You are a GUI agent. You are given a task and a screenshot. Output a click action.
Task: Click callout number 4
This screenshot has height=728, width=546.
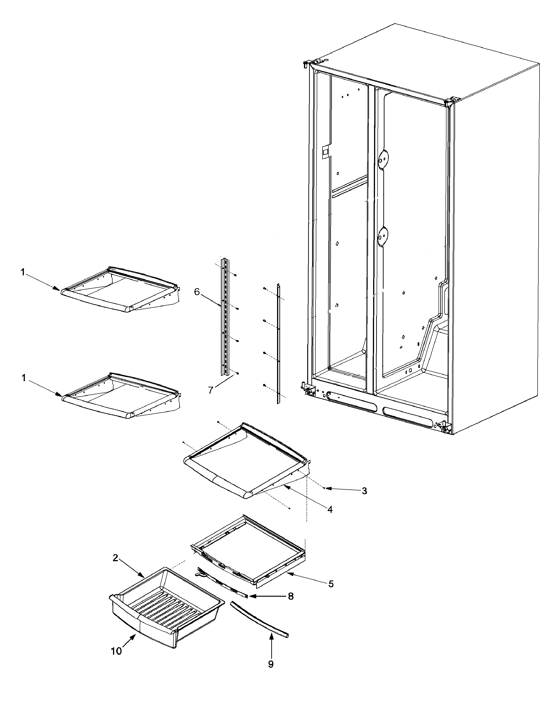click(330, 509)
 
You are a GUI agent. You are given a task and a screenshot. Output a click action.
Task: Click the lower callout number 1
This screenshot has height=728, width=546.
click(23, 378)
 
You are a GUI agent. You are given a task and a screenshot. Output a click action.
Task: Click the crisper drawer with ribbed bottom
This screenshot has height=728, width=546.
click(165, 609)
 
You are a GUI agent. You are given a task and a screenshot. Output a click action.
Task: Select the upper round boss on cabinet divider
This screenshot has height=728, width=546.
click(382, 160)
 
